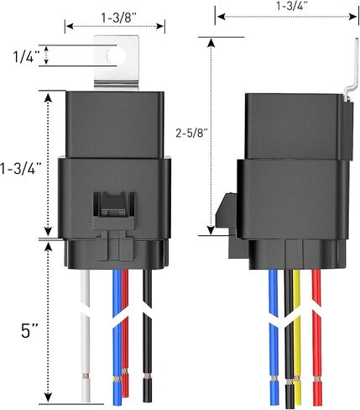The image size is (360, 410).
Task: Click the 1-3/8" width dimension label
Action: coord(118,18)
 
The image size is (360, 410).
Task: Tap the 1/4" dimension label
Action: coord(27,57)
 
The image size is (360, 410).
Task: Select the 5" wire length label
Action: coord(29,331)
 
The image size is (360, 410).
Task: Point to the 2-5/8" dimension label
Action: coord(192,133)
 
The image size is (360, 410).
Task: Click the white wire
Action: coord(86,335)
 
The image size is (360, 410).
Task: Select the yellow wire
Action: coord(297,336)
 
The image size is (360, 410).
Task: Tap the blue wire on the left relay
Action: coord(117,337)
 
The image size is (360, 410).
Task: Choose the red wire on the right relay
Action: coord(316,337)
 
